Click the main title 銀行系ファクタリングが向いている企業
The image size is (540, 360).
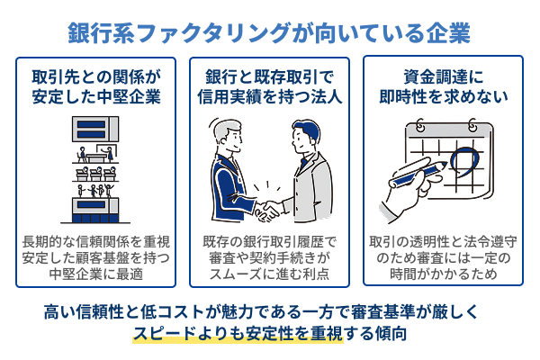[270, 33]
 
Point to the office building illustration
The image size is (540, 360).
[96, 170]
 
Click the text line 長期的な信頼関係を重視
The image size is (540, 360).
[96, 241]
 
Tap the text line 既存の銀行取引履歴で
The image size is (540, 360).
[270, 241]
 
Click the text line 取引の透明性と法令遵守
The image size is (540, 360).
[443, 241]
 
